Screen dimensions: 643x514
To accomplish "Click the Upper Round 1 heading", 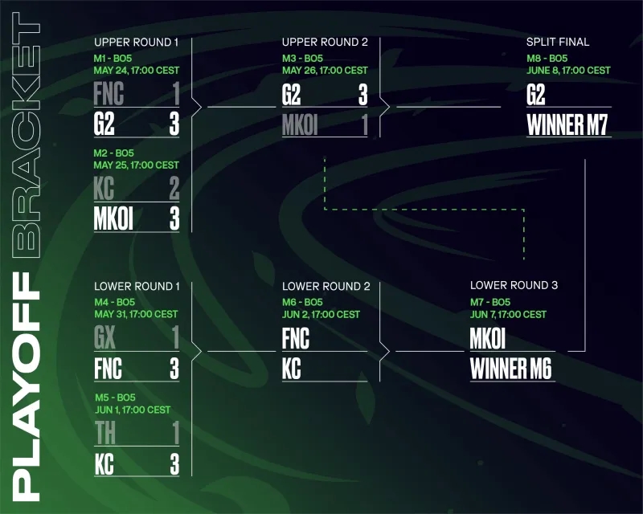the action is pos(136,43).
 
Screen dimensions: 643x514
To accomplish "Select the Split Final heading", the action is pos(558,42).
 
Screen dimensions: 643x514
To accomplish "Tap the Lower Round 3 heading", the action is pos(514,285).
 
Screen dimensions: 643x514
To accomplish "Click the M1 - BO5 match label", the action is pos(113,58).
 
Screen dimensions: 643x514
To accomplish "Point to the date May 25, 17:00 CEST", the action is pos(136,165).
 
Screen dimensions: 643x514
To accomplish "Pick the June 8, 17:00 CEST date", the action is pos(568,71).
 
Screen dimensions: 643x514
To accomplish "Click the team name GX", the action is pos(104,338).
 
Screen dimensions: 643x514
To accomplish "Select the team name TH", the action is pos(105,433).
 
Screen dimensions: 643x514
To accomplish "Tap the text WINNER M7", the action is pos(567,124).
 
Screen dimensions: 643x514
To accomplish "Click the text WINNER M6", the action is pos(511,369).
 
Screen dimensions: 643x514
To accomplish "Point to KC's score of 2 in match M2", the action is pos(174,189).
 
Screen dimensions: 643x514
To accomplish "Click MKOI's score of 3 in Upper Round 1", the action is pos(174,218).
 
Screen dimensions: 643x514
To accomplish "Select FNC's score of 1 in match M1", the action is pos(176,93).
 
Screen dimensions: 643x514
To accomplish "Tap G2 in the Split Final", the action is pos(536,94).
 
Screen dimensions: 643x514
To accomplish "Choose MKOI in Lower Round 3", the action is pos(488,339).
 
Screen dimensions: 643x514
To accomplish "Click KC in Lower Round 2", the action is pos(292,369).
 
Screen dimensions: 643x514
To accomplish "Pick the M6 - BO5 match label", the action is pos(302,303).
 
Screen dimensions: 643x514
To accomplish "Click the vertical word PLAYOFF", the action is pos(26,386).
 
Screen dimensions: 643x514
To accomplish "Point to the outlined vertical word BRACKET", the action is pos(26,135).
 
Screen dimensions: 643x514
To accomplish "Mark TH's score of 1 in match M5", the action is pos(176,433).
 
